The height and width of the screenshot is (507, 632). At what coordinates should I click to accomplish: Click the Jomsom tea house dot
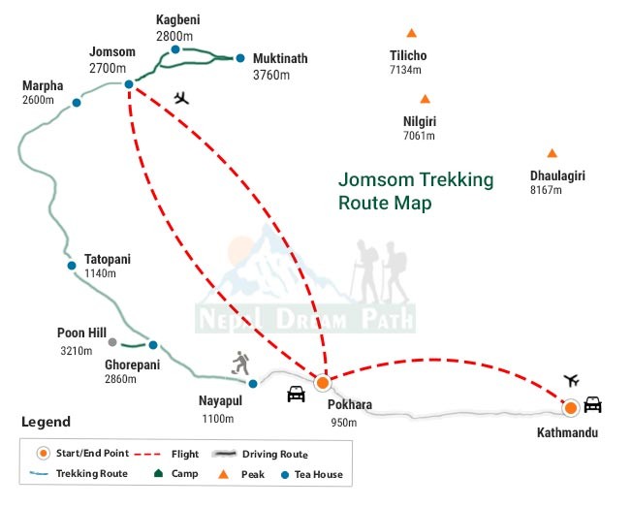[128, 85]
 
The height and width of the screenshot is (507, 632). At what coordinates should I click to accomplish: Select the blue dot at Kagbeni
[175, 49]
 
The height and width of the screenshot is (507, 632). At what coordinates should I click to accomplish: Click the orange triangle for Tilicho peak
[412, 34]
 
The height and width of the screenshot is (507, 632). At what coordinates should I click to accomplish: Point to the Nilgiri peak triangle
[425, 99]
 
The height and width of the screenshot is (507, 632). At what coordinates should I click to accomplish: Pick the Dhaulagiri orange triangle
[552, 153]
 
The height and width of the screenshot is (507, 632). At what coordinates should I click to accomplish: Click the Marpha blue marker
[77, 102]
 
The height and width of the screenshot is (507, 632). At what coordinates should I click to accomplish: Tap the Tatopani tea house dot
[71, 265]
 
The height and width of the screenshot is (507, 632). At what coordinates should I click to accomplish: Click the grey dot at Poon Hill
[113, 342]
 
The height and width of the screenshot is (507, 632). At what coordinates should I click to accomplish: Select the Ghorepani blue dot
[152, 345]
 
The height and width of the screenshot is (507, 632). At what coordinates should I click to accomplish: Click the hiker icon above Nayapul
[240, 364]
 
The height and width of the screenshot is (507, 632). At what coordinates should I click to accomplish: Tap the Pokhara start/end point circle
[323, 383]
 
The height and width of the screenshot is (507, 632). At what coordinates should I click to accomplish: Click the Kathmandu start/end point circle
[570, 406]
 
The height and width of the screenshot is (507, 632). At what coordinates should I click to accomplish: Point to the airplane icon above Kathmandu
[571, 379]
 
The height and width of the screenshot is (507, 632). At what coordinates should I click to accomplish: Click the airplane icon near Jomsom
[181, 98]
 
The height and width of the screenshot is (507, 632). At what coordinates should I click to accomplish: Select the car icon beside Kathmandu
[593, 405]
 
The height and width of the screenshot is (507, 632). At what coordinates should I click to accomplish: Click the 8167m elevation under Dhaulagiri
[547, 190]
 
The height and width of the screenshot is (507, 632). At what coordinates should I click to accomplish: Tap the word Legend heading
[46, 422]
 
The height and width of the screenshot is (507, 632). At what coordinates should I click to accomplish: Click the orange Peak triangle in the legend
[224, 474]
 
